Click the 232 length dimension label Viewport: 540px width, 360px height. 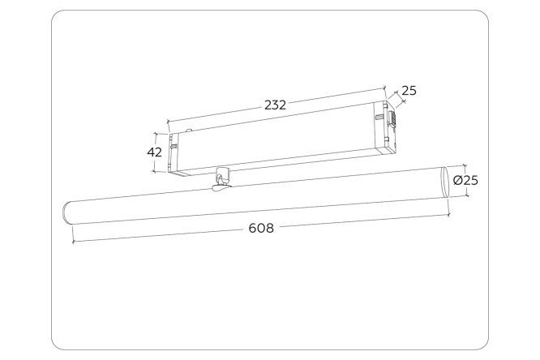pos(275,105)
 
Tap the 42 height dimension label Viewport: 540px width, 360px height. pos(154,152)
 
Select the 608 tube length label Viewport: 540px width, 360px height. pos(261,228)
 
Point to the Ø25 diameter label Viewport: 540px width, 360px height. pos(465,180)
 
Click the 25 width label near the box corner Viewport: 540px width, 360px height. pos(409,91)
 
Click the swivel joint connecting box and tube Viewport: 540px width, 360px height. pos(221,179)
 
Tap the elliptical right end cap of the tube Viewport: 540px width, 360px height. pos(445,182)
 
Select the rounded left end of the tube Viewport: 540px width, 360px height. pos(66,214)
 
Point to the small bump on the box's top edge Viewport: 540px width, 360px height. pos(188,131)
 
